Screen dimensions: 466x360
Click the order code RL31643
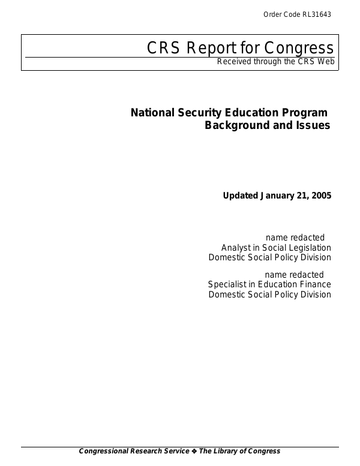(316, 14)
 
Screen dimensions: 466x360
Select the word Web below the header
(324, 62)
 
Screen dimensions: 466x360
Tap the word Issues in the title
(312, 126)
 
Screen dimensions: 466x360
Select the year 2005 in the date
(320, 196)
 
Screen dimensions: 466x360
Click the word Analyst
(235, 248)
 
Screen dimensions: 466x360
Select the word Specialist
(227, 284)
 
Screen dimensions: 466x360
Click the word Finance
(315, 284)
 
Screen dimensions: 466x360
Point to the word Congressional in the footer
(107, 451)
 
